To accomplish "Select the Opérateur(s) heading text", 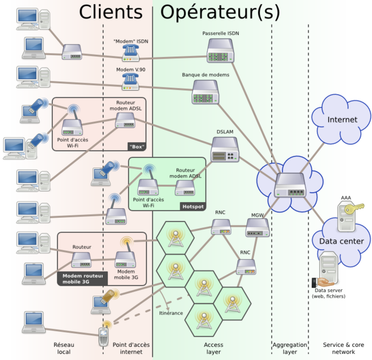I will [x=220, y=12].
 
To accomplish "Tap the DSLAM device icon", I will [x=225, y=150].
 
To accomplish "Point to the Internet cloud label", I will [x=342, y=120].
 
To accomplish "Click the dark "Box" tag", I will [x=137, y=146].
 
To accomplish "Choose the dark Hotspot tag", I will [x=193, y=206].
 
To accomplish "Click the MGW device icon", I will [x=257, y=227].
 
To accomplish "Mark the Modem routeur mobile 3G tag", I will [x=83, y=277].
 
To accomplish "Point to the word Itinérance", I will [x=171, y=313].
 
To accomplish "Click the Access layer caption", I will [x=213, y=349].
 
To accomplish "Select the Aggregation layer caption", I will [x=290, y=349].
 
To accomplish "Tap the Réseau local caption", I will [x=62, y=349].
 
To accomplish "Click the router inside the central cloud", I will [x=290, y=187].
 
